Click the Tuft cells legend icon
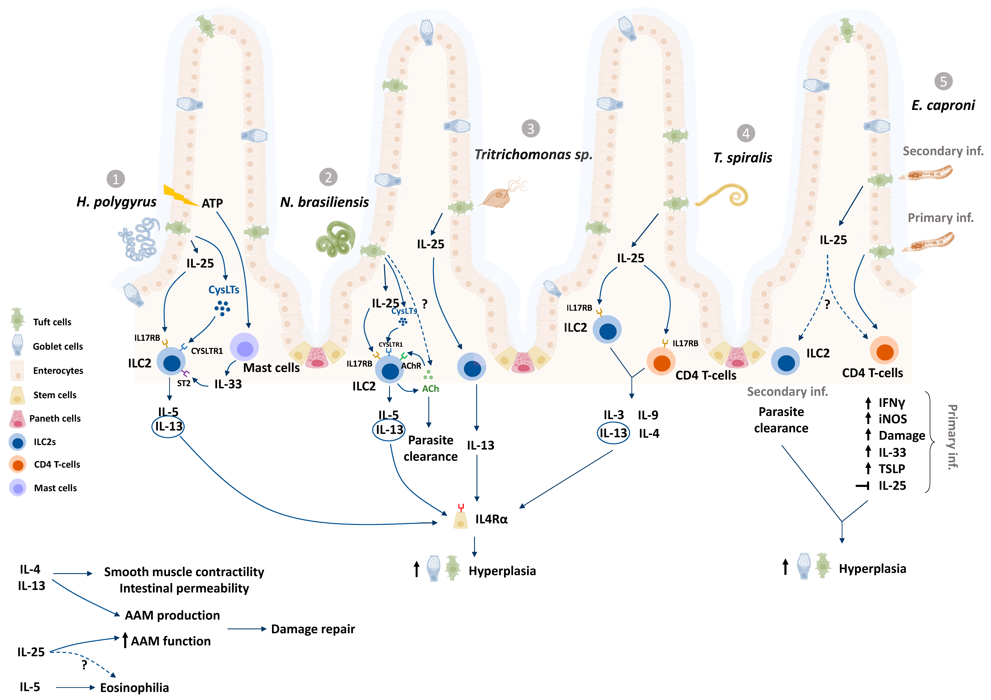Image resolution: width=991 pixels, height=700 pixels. click(x=17, y=320)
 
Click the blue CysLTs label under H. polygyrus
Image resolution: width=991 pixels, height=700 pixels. click(x=224, y=290)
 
